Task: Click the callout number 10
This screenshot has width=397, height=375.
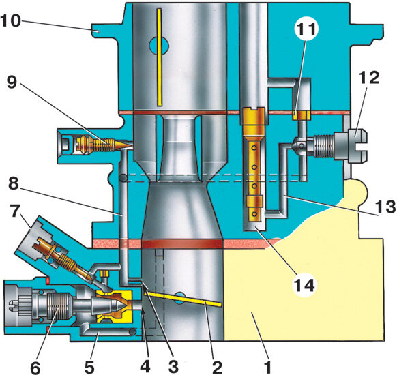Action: pos(11,20)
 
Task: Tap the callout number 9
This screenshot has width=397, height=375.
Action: pos(12,82)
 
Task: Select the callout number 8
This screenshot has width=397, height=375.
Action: pos(14,183)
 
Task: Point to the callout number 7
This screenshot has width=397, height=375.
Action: pos(15,212)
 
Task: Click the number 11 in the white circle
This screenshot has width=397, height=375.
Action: pos(306,29)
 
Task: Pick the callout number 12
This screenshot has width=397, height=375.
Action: pos(370,78)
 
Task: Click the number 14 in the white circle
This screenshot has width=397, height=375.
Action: pos(304,285)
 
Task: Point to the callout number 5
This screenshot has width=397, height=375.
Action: pos(89,367)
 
